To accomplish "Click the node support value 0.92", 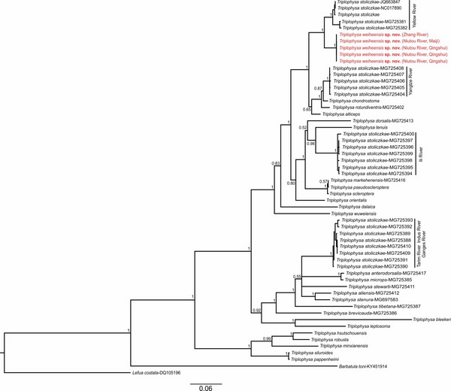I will click(x=258, y=310).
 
